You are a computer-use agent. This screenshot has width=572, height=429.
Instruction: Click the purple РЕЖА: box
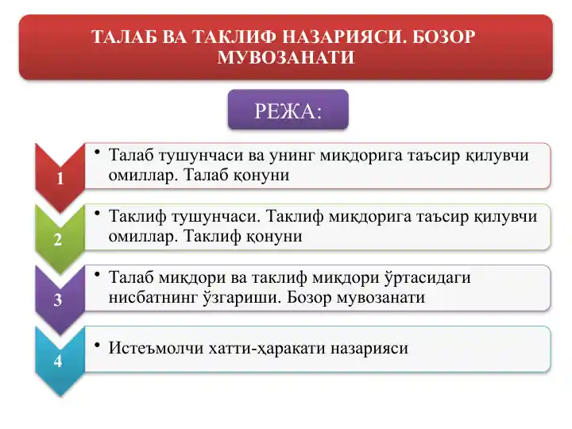(288, 110)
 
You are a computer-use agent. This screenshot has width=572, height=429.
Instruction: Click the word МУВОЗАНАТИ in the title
(285, 58)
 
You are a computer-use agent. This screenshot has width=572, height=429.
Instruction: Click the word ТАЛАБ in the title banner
(122, 37)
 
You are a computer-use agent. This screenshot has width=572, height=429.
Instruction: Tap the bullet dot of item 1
(96, 152)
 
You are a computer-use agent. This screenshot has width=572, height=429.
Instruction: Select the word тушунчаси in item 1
(200, 155)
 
